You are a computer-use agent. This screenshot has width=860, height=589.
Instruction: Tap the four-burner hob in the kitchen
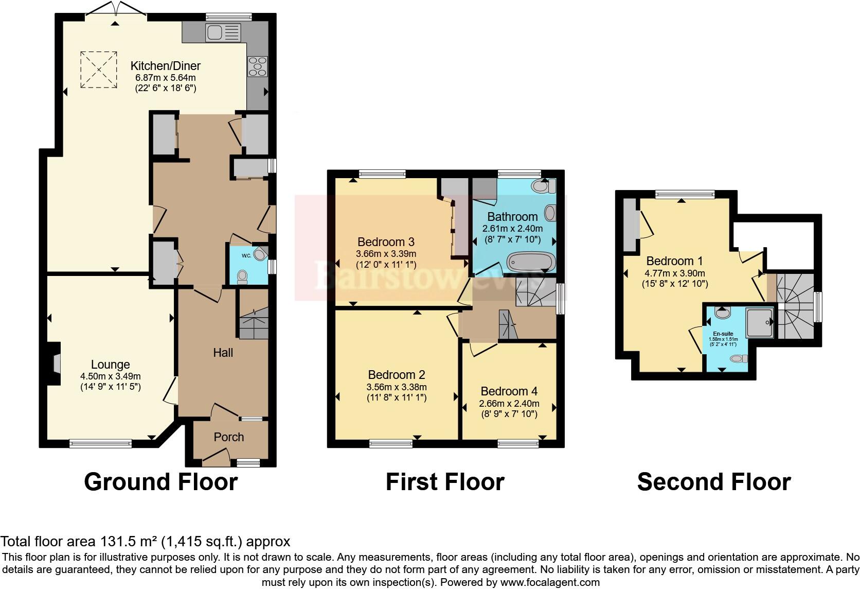[x=257, y=66]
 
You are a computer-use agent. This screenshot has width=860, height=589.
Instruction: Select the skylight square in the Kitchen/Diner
[x=98, y=70]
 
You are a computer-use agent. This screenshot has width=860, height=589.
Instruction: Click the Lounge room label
[x=110, y=365]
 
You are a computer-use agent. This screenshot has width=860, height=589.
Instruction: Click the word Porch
[x=228, y=437]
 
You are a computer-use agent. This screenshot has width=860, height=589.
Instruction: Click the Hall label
[x=223, y=353]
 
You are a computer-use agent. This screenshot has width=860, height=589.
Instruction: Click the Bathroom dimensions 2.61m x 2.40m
[x=512, y=228]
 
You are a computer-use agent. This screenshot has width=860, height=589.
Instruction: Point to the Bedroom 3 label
[x=386, y=242]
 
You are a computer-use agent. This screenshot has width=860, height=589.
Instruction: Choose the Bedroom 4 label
[x=508, y=391]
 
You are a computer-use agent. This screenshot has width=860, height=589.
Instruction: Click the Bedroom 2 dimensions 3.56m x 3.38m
[x=397, y=387]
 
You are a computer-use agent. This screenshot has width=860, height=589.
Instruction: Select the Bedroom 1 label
[x=674, y=261]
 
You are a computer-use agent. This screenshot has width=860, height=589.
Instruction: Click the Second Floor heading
[x=713, y=482]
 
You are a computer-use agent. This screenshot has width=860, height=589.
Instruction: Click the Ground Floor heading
[x=160, y=482]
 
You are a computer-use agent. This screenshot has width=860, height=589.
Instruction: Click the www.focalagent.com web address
[x=550, y=582]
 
